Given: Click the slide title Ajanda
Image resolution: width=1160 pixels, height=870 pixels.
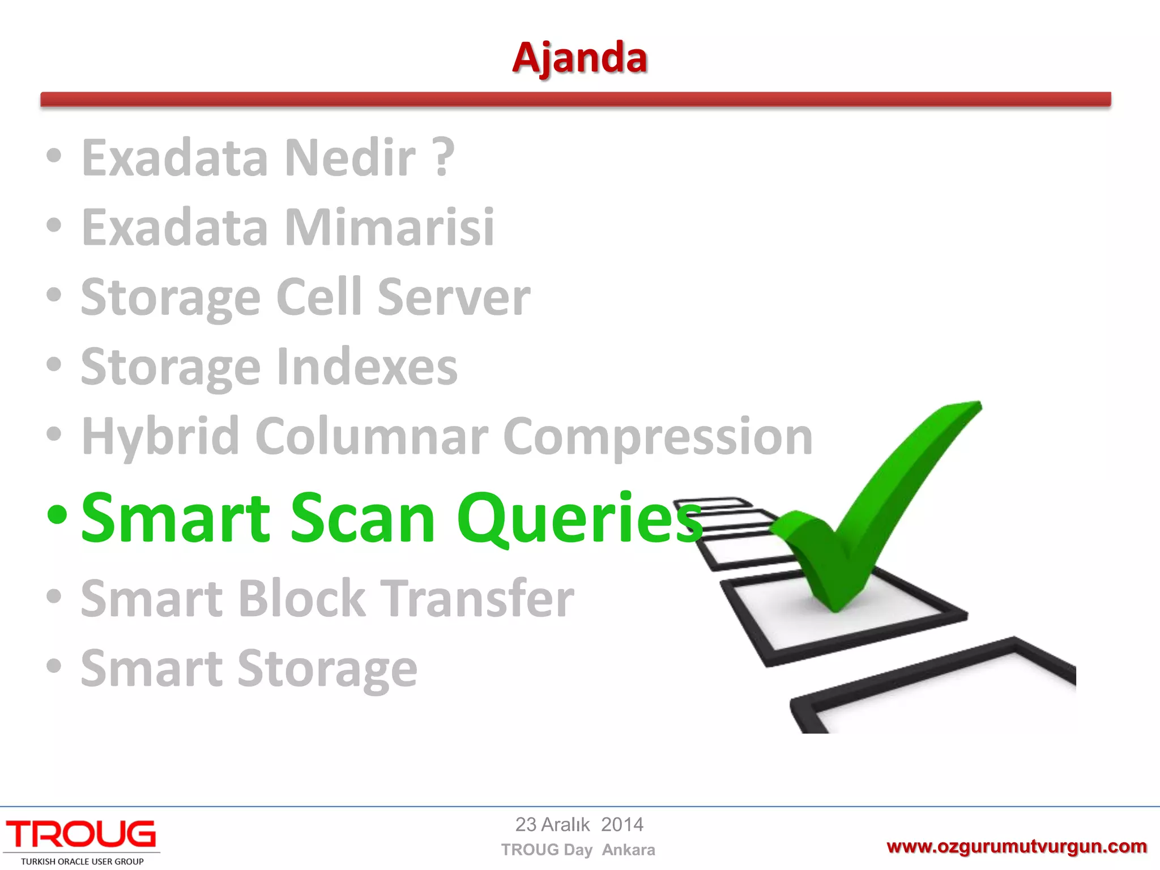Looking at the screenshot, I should (579, 58).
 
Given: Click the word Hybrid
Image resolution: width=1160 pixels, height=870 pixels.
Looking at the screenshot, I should (161, 436).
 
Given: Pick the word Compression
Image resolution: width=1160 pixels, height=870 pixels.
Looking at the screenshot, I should (658, 436).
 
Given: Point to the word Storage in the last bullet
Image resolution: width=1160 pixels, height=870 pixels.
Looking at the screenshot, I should (327, 668).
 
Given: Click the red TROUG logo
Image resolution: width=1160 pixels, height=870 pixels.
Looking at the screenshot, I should (81, 835).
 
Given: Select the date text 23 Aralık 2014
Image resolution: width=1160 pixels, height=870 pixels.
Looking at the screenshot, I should (579, 825).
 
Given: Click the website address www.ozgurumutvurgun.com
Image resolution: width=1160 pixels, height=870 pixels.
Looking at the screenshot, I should (1016, 847).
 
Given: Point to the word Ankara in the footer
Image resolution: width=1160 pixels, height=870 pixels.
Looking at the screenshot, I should (628, 850).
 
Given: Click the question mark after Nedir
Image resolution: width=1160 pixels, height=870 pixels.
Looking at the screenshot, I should (443, 157).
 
